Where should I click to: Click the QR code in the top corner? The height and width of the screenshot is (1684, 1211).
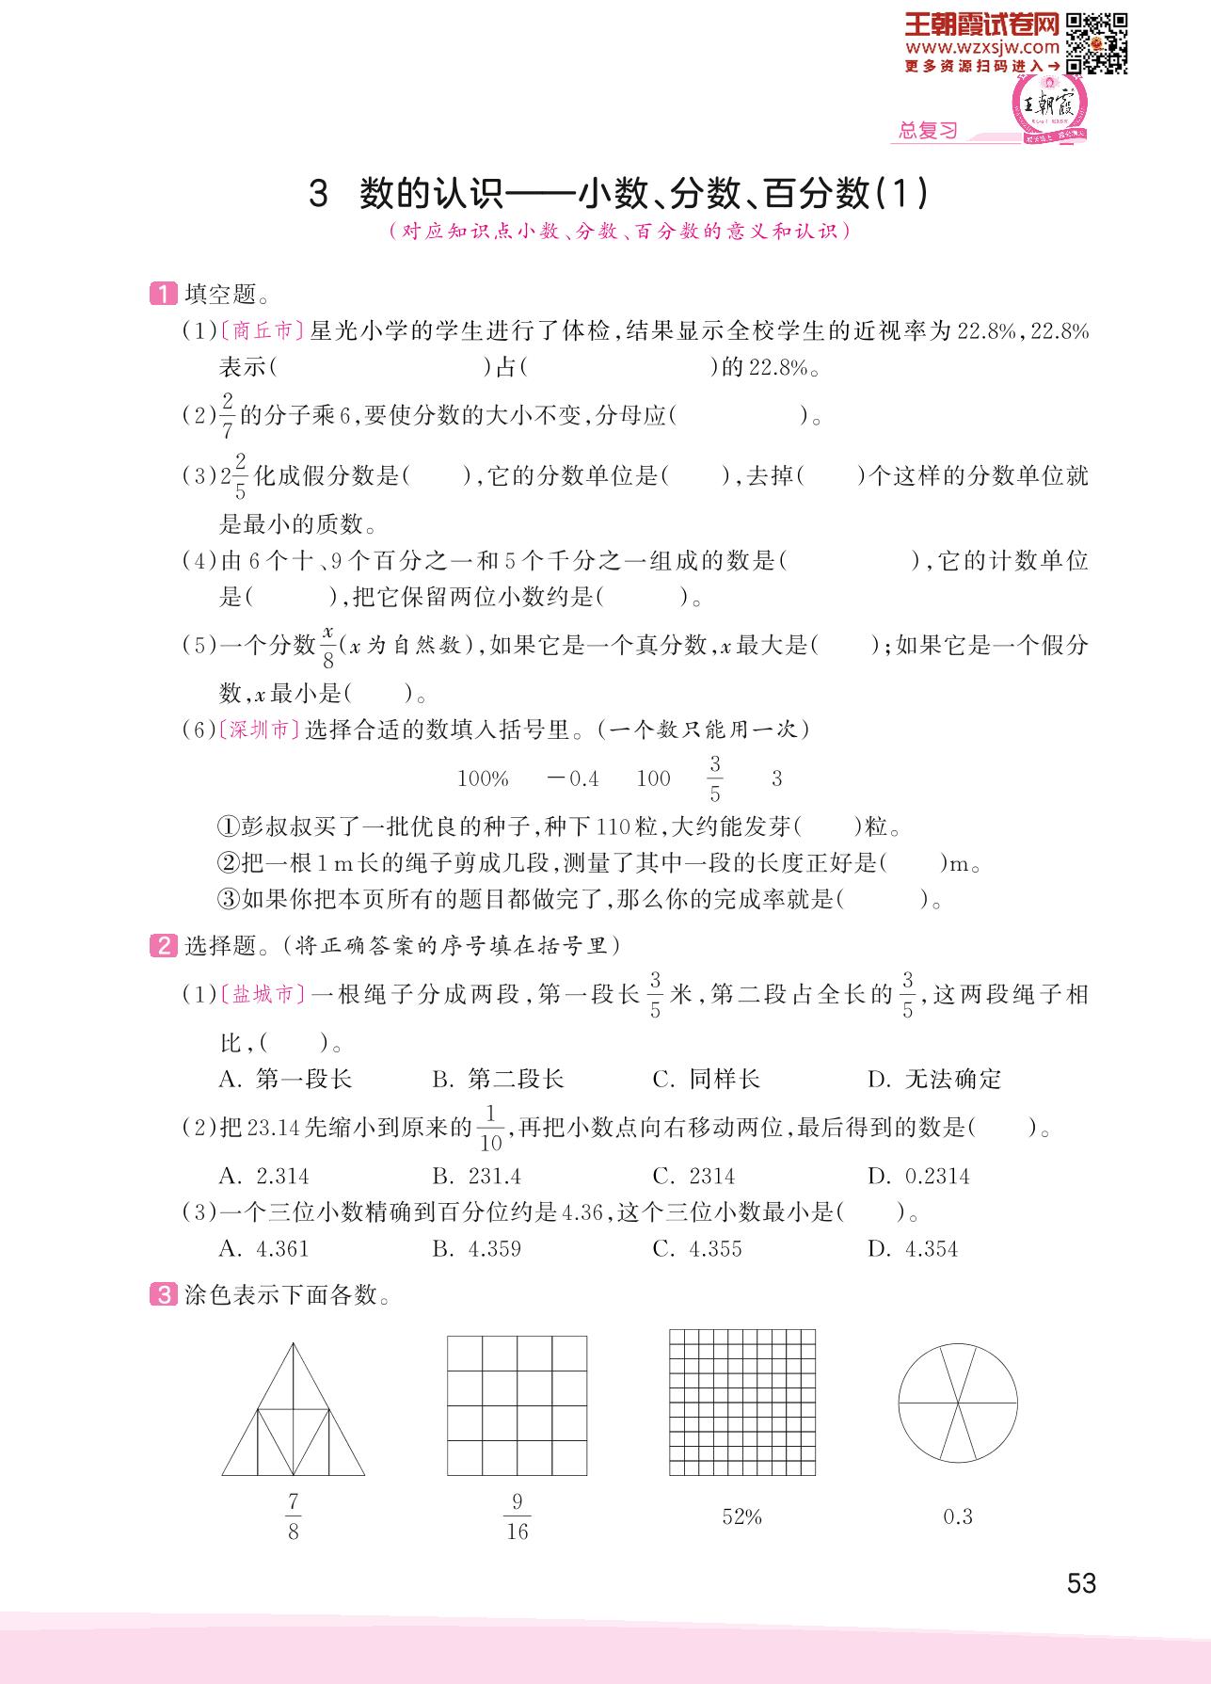tap(1097, 42)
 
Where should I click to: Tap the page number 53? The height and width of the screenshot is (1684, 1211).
tap(1081, 1583)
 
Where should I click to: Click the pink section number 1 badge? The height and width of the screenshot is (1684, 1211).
tap(163, 295)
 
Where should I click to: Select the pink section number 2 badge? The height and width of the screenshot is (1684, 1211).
tap(163, 946)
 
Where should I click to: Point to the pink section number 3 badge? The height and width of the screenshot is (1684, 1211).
tap(163, 1295)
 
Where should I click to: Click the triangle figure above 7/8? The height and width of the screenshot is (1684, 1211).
tap(294, 1409)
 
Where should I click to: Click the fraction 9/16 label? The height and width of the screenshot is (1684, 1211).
tap(517, 1516)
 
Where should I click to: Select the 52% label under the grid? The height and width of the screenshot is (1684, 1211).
tap(741, 1516)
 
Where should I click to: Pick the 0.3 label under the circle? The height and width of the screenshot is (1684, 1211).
tap(957, 1516)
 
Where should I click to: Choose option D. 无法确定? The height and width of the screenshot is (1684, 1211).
tap(934, 1080)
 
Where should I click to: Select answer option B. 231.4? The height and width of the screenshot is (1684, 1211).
tap(476, 1176)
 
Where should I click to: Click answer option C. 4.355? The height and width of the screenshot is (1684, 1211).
tap(697, 1249)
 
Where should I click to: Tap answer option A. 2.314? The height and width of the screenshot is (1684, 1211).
tap(263, 1176)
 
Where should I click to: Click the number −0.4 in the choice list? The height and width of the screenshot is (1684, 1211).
tap(572, 778)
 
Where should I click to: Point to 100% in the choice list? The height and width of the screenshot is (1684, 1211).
tap(483, 778)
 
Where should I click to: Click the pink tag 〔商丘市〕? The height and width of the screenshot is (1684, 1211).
tap(263, 331)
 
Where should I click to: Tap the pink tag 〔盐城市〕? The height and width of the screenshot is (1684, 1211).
tap(263, 994)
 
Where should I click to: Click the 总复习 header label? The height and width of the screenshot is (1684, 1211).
tap(927, 131)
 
